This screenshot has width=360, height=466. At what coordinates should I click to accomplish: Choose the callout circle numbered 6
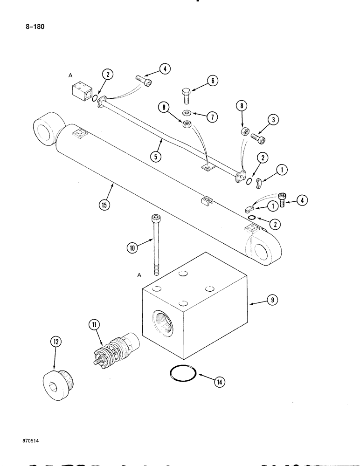(211, 81)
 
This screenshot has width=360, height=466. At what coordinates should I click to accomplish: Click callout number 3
(275, 120)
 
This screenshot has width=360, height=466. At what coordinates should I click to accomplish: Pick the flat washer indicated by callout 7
(187, 113)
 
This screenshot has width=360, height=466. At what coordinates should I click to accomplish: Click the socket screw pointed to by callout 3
(257, 139)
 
